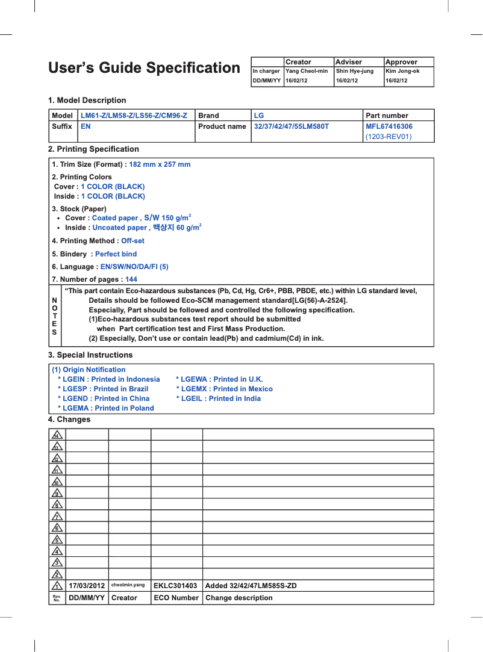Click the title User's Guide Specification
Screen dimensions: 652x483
144,68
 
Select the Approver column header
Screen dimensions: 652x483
401,62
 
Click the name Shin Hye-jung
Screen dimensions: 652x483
354,71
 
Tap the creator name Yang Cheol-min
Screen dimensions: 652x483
307,71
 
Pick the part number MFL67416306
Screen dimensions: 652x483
389,126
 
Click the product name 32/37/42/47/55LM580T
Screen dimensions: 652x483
291,126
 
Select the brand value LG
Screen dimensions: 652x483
259,116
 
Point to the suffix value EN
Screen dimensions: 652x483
86,126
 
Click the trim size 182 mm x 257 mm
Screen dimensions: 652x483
160,164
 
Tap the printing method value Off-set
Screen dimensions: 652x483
132,241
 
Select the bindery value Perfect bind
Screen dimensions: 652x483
116,254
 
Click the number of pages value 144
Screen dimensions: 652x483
131,279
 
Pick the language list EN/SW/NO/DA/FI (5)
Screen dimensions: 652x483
134,267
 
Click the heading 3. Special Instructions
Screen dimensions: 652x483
90,355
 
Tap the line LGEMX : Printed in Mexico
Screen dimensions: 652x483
224,389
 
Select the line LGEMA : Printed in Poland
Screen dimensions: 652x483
105,408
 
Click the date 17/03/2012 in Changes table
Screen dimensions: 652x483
87,586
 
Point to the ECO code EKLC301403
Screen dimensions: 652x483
175,586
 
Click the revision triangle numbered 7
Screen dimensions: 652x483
57,516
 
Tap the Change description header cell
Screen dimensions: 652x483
238,598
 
